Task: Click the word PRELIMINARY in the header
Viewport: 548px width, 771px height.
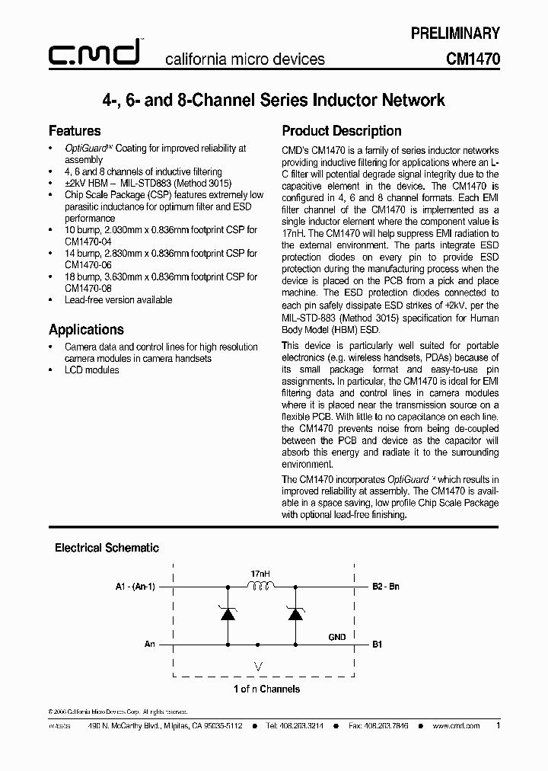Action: [x=455, y=33]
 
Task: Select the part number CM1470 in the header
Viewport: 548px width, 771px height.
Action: [x=473, y=59]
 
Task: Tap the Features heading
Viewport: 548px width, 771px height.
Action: [x=75, y=130]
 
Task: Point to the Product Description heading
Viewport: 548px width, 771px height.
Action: [x=342, y=130]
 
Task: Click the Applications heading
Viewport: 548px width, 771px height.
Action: [x=86, y=329]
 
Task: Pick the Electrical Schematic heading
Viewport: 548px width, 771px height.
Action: [x=107, y=547]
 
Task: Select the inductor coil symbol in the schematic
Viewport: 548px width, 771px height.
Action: [x=260, y=587]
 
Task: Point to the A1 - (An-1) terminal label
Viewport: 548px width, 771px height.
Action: [x=135, y=587]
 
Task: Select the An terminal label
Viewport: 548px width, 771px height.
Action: [x=149, y=644]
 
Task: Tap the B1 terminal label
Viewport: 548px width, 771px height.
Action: [x=377, y=644]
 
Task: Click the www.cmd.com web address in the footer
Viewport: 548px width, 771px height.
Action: [x=456, y=726]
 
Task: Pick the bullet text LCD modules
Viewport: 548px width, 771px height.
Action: [x=92, y=370]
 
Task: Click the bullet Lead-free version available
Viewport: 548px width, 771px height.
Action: [x=119, y=299]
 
